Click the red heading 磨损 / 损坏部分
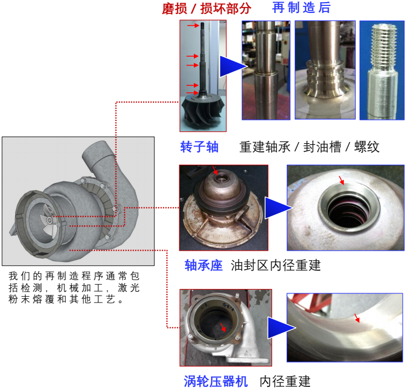click(x=206, y=9)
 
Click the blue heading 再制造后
click(x=301, y=8)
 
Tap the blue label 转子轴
click(x=199, y=147)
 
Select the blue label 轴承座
click(x=204, y=265)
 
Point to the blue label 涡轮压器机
click(x=216, y=381)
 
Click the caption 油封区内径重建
click(x=276, y=265)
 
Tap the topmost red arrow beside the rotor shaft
click(x=193, y=25)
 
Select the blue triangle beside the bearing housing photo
click(x=278, y=207)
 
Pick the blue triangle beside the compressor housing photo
click(x=281, y=328)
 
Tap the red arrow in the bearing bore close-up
click(x=342, y=180)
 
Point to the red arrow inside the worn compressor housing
click(x=223, y=327)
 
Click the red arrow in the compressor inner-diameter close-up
click(x=357, y=318)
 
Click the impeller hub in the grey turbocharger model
click(x=50, y=220)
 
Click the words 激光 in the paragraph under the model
click(x=128, y=287)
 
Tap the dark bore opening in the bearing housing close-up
click(x=349, y=210)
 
